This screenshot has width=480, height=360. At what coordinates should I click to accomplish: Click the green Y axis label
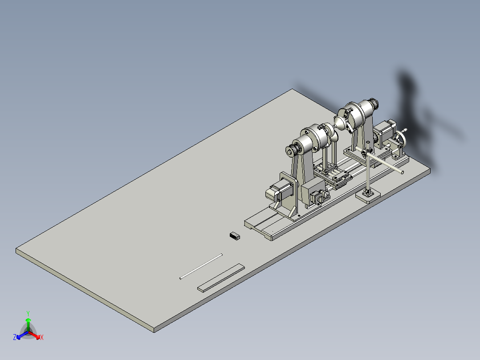tap(28, 313)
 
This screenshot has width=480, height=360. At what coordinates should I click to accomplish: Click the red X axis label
tap(42, 338)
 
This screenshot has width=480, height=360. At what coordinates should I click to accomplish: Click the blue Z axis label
tap(15, 338)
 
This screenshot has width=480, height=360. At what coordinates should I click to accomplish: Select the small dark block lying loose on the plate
tap(235, 236)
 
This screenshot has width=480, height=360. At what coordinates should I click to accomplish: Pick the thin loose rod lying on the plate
tap(200, 266)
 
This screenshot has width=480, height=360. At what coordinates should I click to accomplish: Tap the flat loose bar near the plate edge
tap(221, 278)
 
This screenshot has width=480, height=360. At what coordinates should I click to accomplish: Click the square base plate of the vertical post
tap(368, 195)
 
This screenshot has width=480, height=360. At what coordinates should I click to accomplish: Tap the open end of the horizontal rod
tap(402, 172)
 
